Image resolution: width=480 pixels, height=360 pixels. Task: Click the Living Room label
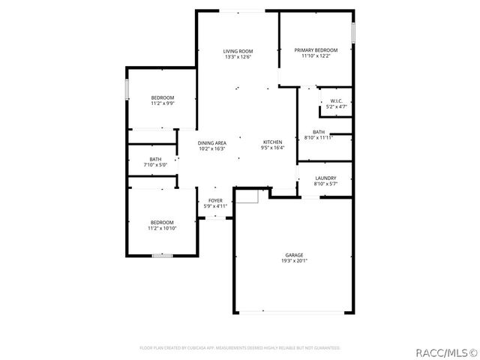tap(237, 51)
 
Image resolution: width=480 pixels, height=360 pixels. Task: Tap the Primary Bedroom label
tap(316, 50)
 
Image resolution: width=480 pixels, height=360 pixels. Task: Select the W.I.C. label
tap(336, 101)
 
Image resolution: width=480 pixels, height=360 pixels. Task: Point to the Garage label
tap(294, 255)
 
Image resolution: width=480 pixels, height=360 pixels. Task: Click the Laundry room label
tap(325, 178)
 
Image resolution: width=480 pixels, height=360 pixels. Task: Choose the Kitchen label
tap(272, 142)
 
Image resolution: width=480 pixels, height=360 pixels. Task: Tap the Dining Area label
tap(212, 142)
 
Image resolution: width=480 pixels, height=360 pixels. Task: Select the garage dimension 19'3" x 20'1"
tap(294, 261)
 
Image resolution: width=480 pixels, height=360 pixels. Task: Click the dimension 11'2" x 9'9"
tap(163, 103)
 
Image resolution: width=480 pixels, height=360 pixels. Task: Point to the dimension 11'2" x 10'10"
tap(163, 228)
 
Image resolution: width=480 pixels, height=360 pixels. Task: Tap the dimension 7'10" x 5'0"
tap(155, 165)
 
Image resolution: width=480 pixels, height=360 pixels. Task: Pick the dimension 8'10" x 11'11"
tap(319, 138)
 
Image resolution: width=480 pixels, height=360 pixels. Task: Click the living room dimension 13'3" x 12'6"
tap(237, 57)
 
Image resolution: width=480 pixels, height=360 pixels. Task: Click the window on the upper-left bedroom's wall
tap(126, 88)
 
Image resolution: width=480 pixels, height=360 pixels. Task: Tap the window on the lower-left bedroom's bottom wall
tap(163, 256)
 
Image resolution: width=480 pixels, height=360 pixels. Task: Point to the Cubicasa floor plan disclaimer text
tap(240, 348)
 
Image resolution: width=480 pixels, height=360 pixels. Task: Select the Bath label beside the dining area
tap(155, 159)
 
